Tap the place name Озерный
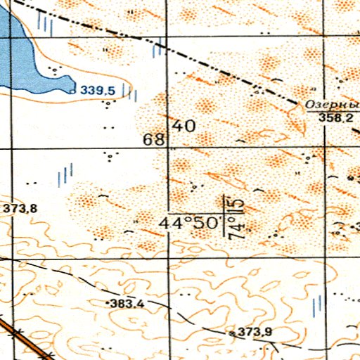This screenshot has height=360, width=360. point(331,105)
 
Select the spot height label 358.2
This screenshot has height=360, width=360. point(337,119)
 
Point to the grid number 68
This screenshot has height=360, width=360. point(153,139)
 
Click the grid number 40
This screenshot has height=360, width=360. point(184,127)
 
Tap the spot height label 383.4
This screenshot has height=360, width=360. point(128,304)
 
